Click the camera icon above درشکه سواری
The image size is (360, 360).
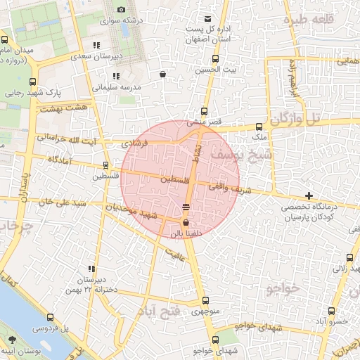pyautogui.click(x=121, y=9)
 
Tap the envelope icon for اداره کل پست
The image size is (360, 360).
pyautogui.click(x=207, y=18)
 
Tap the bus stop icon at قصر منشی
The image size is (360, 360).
pyautogui.click(x=204, y=111)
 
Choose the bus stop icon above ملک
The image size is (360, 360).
pyautogui.click(x=259, y=127)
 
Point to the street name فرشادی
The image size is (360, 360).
pyautogui.click(x=136, y=142)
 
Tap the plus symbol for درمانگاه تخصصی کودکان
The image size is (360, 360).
pyautogui.click(x=309, y=195)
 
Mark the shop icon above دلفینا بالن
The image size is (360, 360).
pyautogui.click(x=185, y=221)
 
